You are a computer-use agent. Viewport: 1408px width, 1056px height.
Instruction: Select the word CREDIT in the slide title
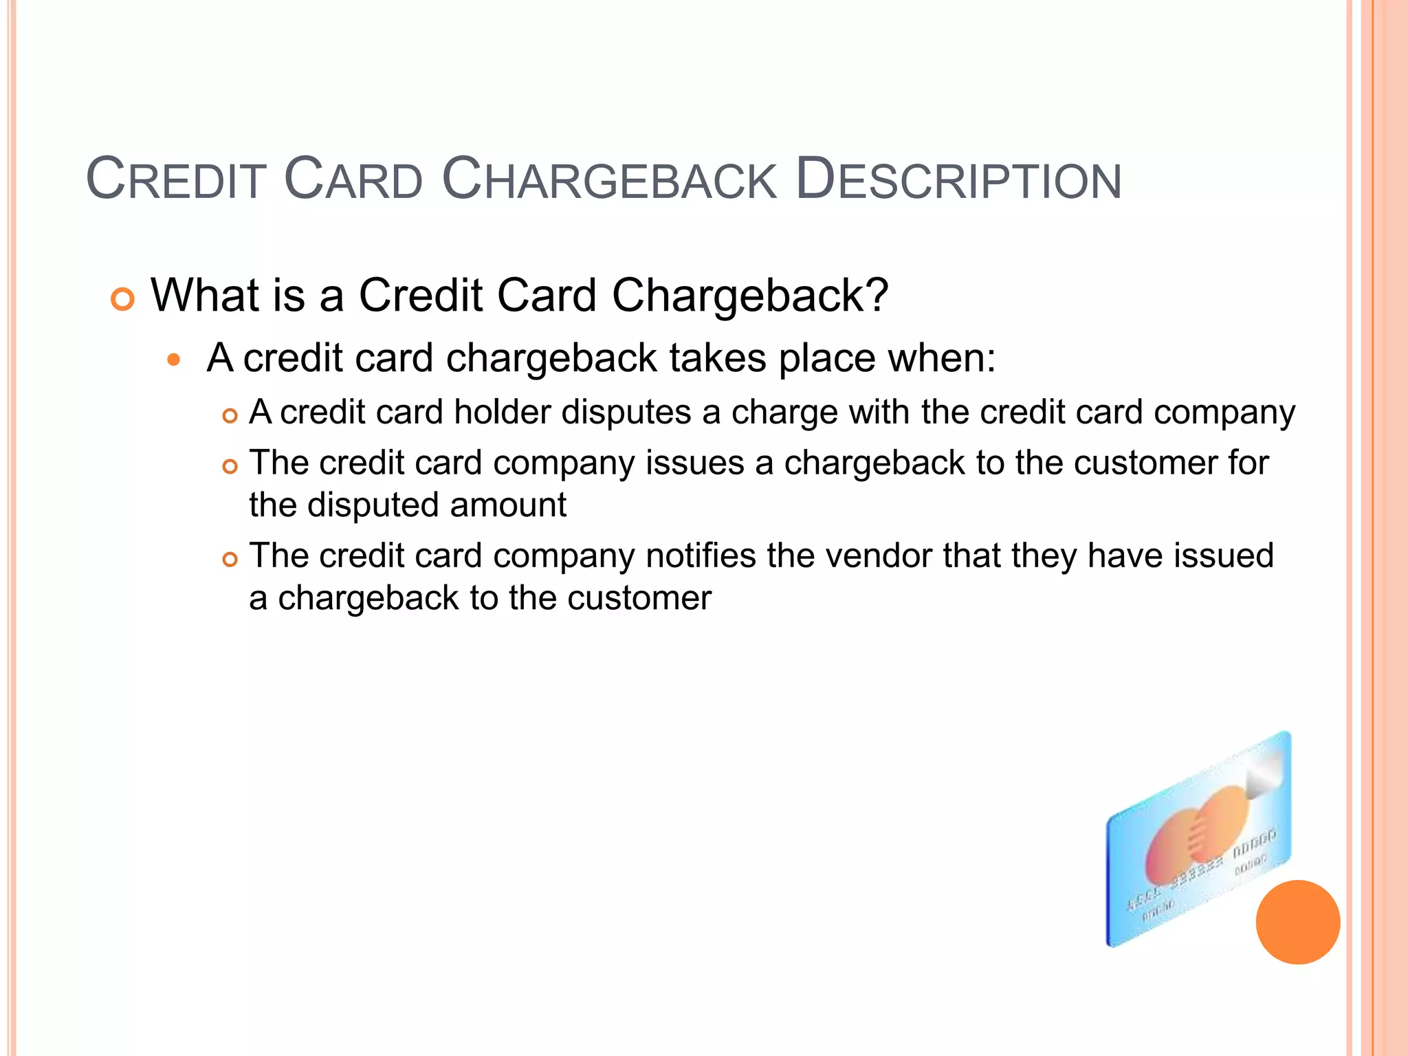coord(176,180)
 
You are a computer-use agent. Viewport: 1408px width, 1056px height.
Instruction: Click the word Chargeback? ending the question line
coord(750,296)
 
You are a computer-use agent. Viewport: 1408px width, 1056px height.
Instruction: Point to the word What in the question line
coord(203,296)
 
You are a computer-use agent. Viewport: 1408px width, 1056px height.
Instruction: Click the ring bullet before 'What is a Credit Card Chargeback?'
coord(122,300)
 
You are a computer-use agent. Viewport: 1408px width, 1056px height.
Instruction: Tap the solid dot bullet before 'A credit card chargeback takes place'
coord(174,360)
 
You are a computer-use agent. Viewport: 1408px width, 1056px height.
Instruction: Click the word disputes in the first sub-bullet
coord(626,412)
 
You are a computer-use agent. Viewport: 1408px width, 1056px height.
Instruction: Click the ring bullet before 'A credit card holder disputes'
coord(230,416)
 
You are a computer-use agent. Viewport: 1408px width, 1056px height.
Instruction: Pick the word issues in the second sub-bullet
coord(695,463)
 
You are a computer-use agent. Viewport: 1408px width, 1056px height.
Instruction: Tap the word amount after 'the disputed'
coord(508,505)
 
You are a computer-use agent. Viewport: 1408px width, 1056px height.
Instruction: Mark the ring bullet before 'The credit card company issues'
coord(230,467)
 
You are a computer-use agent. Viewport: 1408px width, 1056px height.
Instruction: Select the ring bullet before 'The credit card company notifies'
coord(230,560)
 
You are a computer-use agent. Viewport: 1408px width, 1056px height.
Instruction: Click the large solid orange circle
coord(1297,922)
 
